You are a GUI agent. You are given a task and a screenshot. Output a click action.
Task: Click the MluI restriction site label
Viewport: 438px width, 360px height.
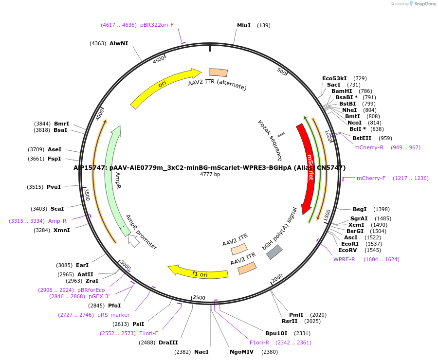pyautogui.click(x=243, y=25)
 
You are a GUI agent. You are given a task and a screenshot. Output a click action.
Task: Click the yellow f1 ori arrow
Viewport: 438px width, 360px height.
pyautogui.click(x=200, y=273)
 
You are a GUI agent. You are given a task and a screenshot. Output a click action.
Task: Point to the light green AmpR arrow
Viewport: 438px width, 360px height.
pyautogui.click(x=112, y=180)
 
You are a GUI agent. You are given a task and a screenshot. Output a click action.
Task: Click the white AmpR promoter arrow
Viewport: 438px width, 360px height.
pyautogui.click(x=133, y=240)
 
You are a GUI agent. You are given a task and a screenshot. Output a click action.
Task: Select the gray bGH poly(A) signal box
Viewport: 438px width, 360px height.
pyautogui.click(x=274, y=252)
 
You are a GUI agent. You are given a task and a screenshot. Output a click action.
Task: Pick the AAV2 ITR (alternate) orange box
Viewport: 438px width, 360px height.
pyautogui.click(x=219, y=72)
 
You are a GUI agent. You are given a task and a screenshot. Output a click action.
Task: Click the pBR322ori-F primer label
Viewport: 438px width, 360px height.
pyautogui.click(x=157, y=25)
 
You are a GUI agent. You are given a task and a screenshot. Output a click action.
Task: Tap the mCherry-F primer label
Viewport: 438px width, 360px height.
pyautogui.click(x=371, y=178)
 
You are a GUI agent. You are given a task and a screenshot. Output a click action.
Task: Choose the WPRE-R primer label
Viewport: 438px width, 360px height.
pyautogui.click(x=344, y=259)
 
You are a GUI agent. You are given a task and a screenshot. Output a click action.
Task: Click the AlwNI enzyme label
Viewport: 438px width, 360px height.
pyautogui.click(x=119, y=43)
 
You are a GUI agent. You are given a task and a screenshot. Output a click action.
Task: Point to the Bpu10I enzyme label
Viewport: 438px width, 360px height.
pyautogui.click(x=276, y=333)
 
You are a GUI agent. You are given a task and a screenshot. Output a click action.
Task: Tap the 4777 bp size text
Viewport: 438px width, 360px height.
pyautogui.click(x=210, y=174)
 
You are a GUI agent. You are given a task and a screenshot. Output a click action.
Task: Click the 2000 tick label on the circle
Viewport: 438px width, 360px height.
pyautogui.click(x=277, y=278)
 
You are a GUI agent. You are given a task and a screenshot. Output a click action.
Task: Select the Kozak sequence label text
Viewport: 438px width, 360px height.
pyautogui.click(x=270, y=140)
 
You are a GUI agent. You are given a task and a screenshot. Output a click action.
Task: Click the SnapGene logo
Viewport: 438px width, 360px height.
pyautogui.click(x=422, y=4)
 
